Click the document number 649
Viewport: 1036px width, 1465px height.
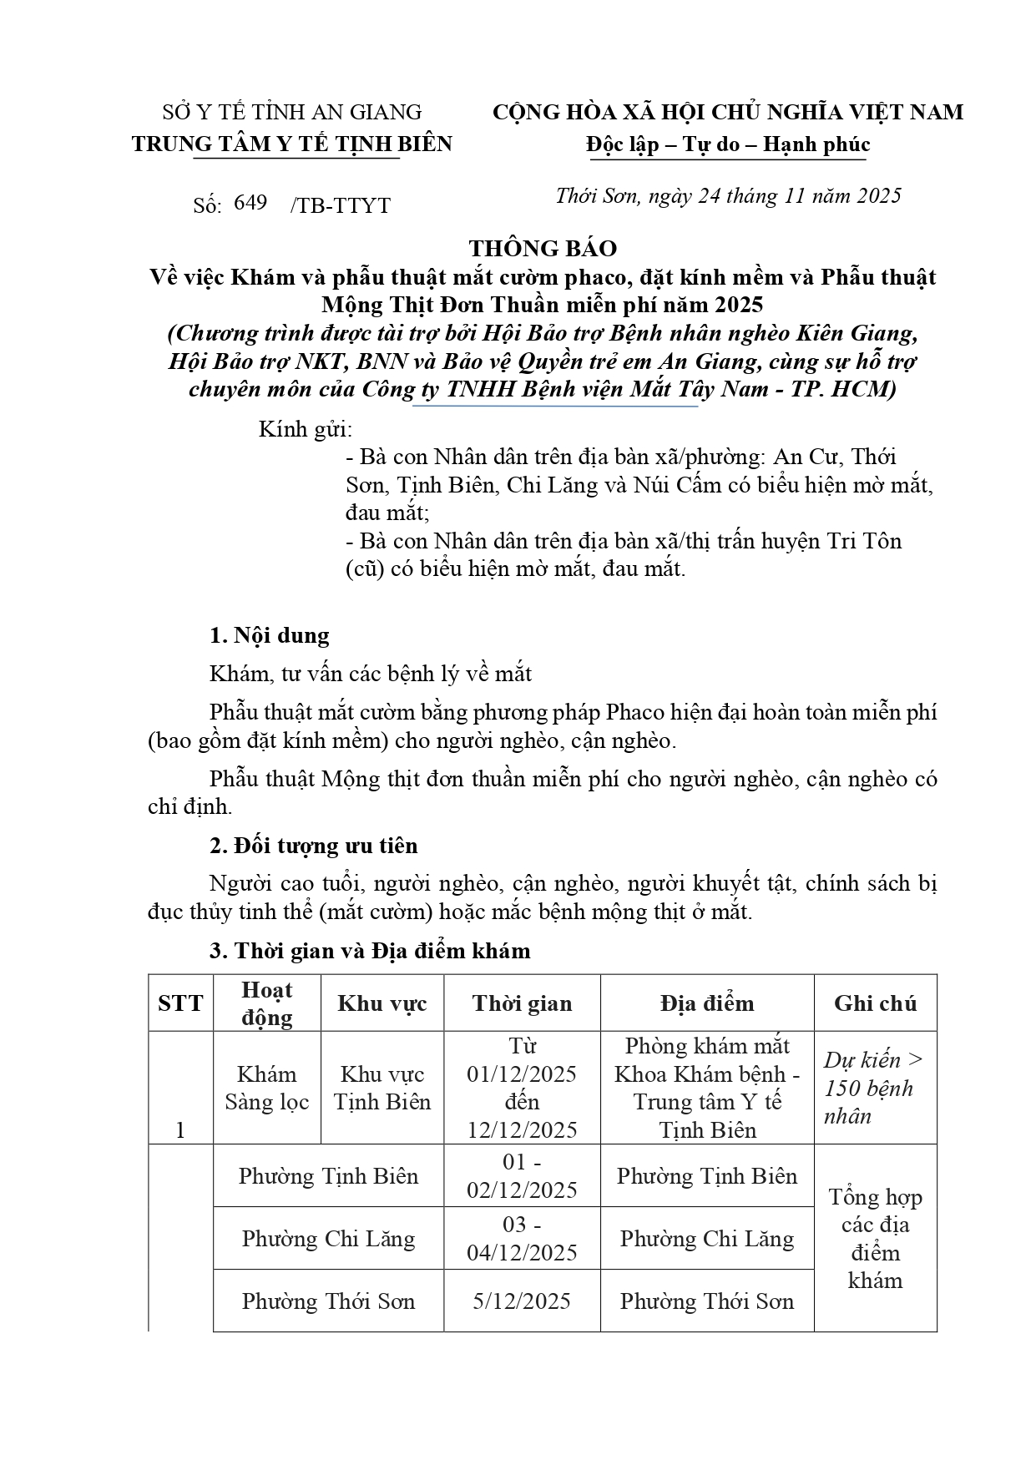[x=250, y=203]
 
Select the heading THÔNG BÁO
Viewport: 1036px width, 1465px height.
[x=543, y=248]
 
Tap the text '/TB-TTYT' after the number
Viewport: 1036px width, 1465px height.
[x=340, y=205]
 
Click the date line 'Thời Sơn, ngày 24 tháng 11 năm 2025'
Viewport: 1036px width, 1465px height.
[x=728, y=195]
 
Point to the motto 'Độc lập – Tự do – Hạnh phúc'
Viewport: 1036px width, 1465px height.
[x=727, y=144]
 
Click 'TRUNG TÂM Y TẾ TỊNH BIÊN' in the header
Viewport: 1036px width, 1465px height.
[x=291, y=144]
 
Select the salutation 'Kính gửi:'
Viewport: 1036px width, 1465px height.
[x=306, y=430]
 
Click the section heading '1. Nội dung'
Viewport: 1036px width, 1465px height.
[x=269, y=635]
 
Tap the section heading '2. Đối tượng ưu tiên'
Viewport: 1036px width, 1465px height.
[x=313, y=846]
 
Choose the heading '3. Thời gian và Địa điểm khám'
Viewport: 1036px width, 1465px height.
[x=369, y=951]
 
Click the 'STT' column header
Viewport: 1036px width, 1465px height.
[x=180, y=1003]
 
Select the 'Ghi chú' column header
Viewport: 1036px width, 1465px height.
[x=875, y=1003]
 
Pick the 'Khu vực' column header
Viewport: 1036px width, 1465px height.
[x=382, y=1003]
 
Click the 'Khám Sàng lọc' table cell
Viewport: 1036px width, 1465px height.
[x=266, y=1088]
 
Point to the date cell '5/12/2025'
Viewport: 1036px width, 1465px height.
[x=522, y=1301]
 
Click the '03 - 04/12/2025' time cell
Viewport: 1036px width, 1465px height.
[x=522, y=1238]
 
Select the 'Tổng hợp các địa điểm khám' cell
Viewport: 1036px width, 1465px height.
[x=875, y=1239]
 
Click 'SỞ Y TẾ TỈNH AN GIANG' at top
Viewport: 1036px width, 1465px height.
[x=291, y=112]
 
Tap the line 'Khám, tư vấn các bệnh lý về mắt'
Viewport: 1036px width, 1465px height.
[x=371, y=674]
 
